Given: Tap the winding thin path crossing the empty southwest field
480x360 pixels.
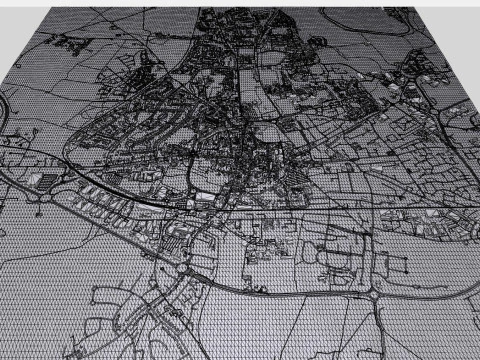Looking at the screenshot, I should (x=60, y=250).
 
